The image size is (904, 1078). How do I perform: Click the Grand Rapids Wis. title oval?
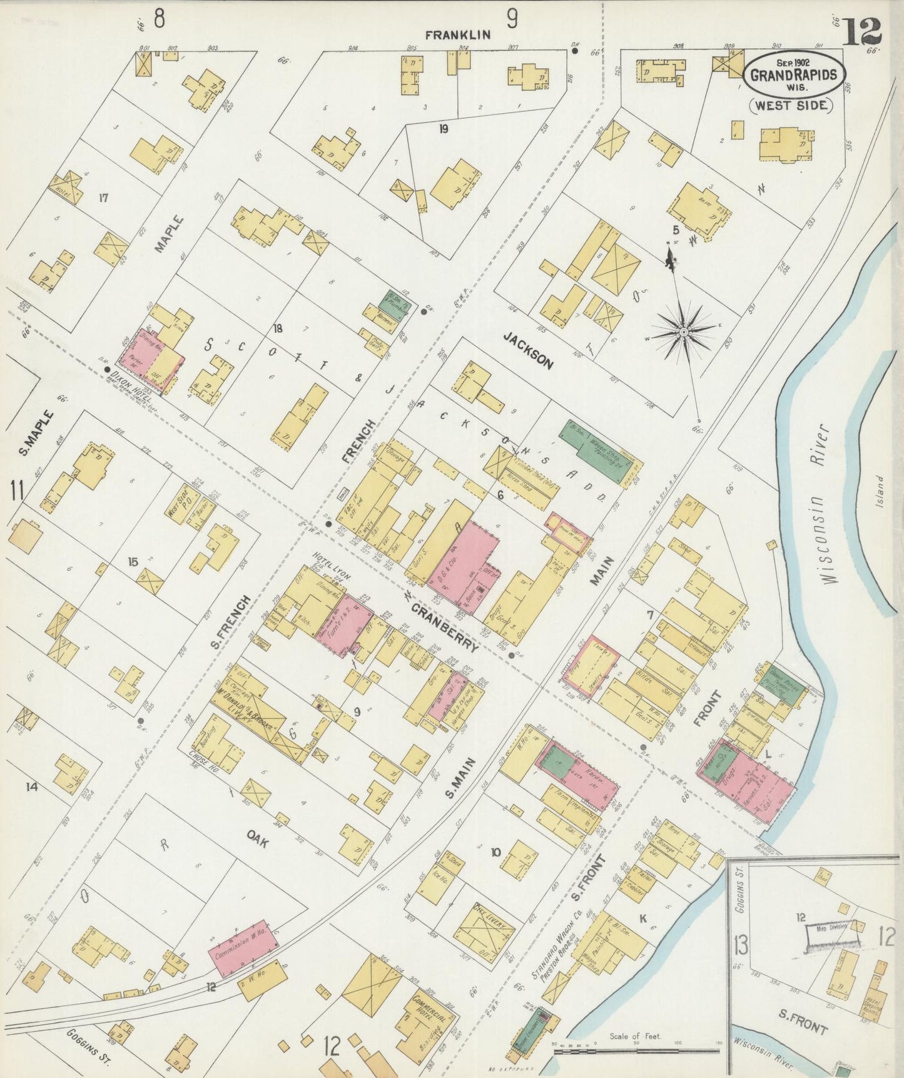[794, 73]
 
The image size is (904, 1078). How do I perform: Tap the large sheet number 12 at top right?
[861, 31]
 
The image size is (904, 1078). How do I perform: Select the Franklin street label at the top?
[458, 35]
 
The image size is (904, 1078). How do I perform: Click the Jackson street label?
[529, 351]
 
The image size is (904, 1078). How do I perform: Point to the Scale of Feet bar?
[636, 1050]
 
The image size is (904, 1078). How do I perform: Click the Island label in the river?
[880, 491]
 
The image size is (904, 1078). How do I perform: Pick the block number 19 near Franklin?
[444, 130]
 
